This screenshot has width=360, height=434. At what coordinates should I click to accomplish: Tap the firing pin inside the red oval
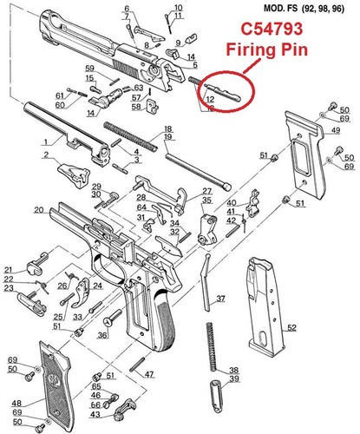tap(224, 92)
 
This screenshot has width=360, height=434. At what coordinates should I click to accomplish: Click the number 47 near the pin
tap(149, 374)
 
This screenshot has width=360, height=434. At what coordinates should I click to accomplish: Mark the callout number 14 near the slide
tap(91, 113)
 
